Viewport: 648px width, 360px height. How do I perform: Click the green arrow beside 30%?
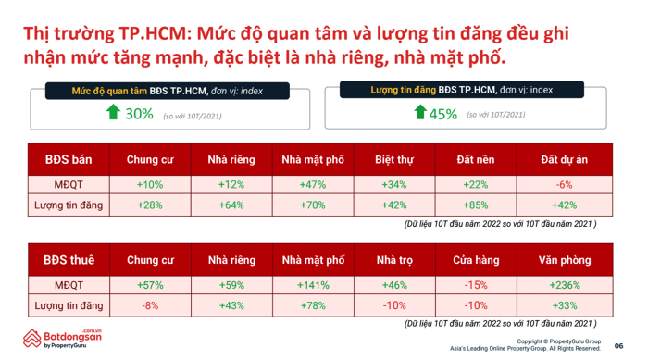pos(113,112)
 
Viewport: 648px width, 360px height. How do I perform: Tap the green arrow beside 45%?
pos(420,112)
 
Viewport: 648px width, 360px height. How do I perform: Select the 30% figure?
pos(139,114)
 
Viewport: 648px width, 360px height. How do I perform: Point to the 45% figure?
pos(443,114)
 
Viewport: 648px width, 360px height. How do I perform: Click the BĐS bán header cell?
pos(69,159)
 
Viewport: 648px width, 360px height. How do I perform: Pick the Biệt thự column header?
pos(394,159)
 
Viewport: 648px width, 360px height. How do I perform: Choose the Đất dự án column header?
pos(565,159)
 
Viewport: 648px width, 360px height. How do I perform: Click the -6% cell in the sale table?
pos(565,185)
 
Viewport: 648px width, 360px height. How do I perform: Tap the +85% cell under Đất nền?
pos(476,205)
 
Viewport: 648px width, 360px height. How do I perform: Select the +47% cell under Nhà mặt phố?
pos(313,185)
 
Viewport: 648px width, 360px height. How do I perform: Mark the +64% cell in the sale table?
pos(231,205)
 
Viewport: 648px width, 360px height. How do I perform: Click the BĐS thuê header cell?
pos(69,260)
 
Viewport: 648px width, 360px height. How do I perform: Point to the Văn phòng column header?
pos(565,260)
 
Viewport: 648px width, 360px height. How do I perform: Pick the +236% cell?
pos(565,285)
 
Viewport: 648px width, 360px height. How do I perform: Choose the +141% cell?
pos(313,285)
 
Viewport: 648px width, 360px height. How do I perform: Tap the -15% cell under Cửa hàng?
pos(476,285)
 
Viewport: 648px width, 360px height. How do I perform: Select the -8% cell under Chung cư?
pos(150,305)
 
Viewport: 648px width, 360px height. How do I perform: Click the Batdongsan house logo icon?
pos(31,339)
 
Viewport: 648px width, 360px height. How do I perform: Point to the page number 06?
pos(618,346)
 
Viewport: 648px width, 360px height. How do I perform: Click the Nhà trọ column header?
pos(394,260)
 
